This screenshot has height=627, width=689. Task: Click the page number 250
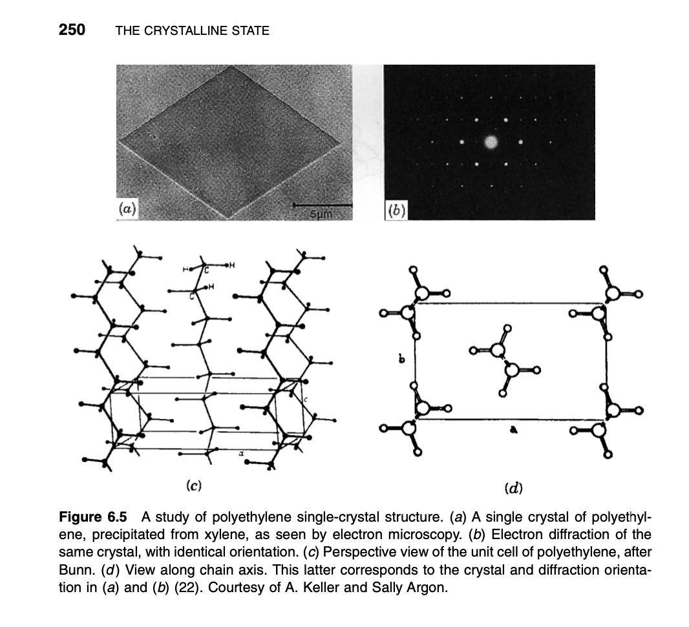click(72, 30)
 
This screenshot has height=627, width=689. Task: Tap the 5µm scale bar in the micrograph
click(321, 206)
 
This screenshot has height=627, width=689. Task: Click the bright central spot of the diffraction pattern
click(491, 142)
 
